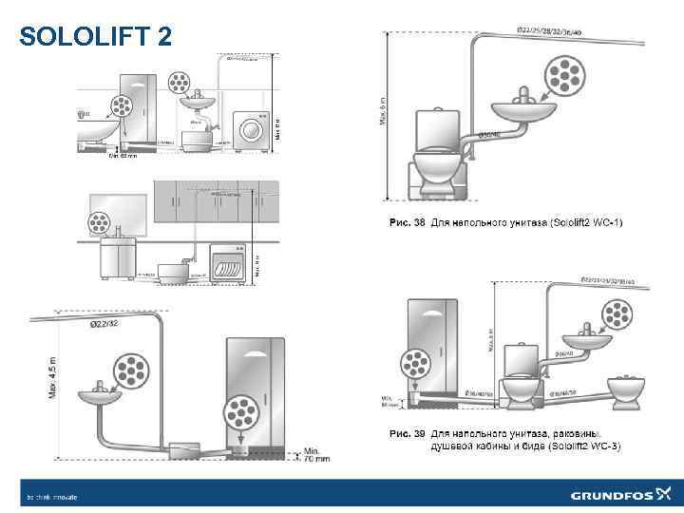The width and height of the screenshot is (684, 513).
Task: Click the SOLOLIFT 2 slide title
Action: coord(96,36)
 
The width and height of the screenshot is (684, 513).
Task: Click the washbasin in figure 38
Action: coord(524,111)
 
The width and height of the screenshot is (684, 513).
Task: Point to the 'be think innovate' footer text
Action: coord(52,496)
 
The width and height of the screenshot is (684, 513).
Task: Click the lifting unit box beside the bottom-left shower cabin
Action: coord(181,443)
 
